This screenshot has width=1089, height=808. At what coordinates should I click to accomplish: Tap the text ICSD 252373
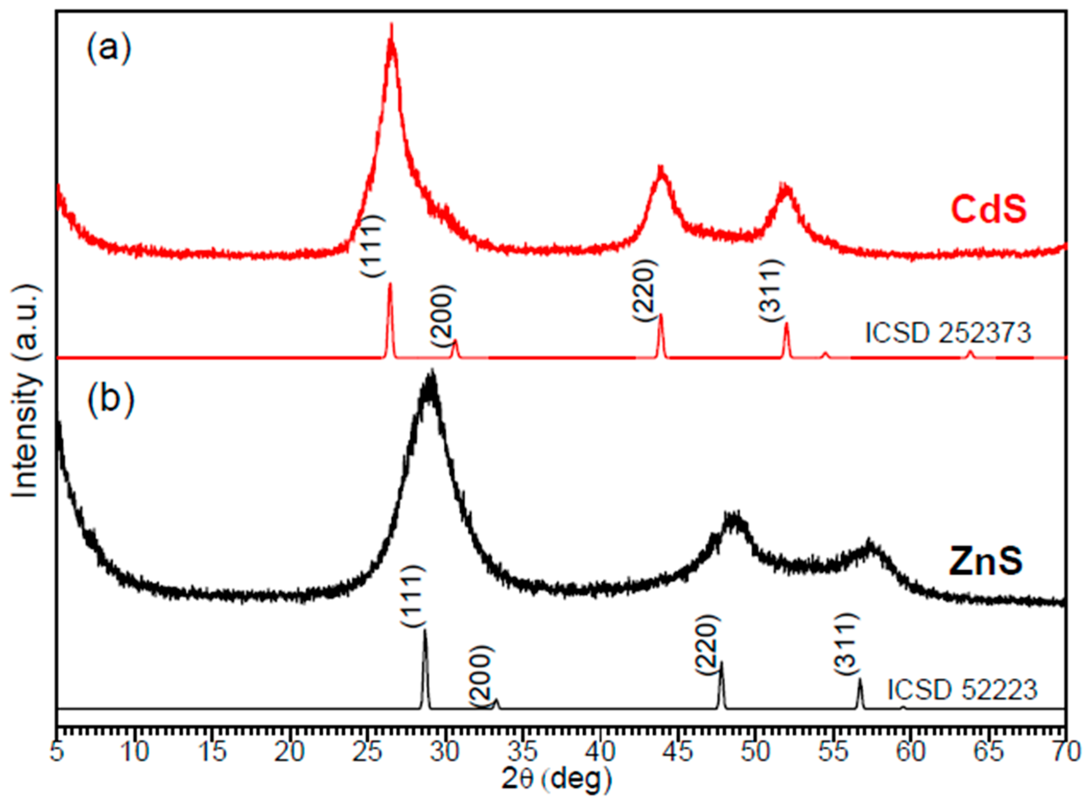coord(948,334)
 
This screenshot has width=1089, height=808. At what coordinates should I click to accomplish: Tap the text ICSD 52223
coord(963,691)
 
